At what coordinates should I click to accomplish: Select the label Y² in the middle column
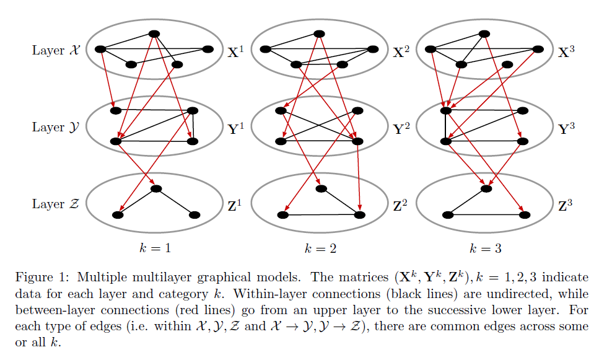point(402,129)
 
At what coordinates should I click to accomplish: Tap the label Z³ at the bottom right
point(567,204)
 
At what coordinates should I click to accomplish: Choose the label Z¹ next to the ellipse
point(236,204)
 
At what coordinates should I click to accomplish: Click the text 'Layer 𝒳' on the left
point(56,51)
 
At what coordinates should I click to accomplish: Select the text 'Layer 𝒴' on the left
point(56,128)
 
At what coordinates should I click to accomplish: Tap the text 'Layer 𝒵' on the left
point(56,204)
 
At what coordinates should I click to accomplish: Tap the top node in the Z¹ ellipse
point(156,188)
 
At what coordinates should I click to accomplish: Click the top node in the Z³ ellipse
point(486,188)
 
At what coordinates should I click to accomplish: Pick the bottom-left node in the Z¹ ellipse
point(116,215)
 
